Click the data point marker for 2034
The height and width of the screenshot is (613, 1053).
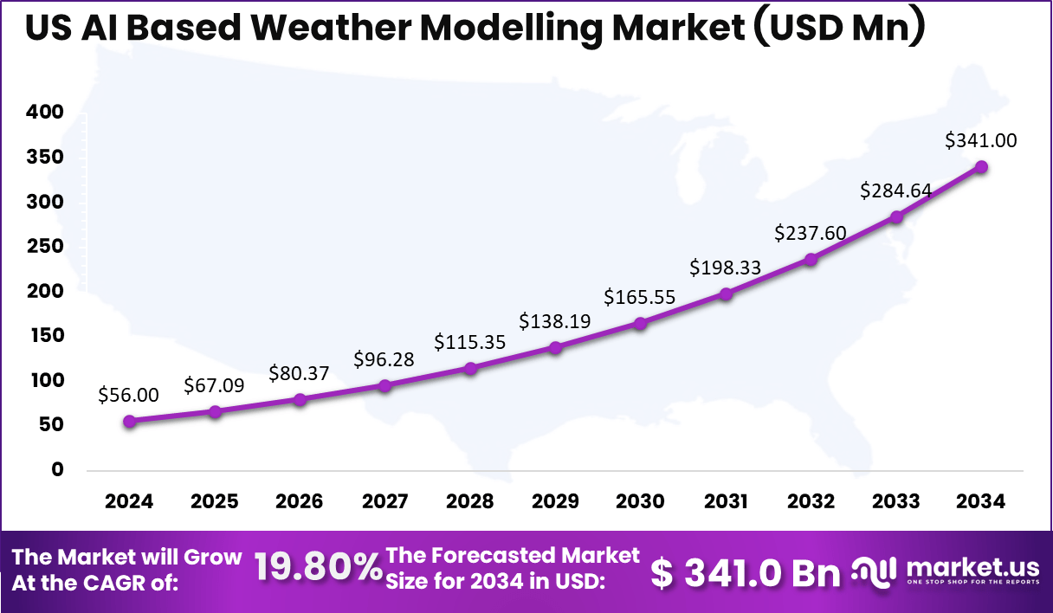point(982,167)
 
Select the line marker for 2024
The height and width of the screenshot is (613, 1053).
point(130,422)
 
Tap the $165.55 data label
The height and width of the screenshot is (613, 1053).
point(640,298)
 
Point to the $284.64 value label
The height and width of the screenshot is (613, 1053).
point(895,191)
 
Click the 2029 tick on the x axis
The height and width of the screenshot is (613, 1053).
point(555,502)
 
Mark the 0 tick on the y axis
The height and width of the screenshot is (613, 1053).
point(57,470)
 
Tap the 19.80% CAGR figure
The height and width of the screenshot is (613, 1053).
point(319,568)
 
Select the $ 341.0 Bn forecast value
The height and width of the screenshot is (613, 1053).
point(745,572)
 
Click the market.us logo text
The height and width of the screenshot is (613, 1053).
point(972,567)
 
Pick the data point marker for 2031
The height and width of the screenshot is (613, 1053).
point(726,294)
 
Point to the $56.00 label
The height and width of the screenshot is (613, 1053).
point(129,396)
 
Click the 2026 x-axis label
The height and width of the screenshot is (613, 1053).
point(300,502)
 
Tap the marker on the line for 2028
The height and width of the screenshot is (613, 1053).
point(470,369)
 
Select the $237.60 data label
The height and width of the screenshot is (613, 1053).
point(811,234)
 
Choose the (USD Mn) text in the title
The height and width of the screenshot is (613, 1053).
point(839,29)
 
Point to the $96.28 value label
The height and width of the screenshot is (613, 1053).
point(384,358)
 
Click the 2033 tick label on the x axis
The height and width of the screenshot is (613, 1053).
point(896,502)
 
